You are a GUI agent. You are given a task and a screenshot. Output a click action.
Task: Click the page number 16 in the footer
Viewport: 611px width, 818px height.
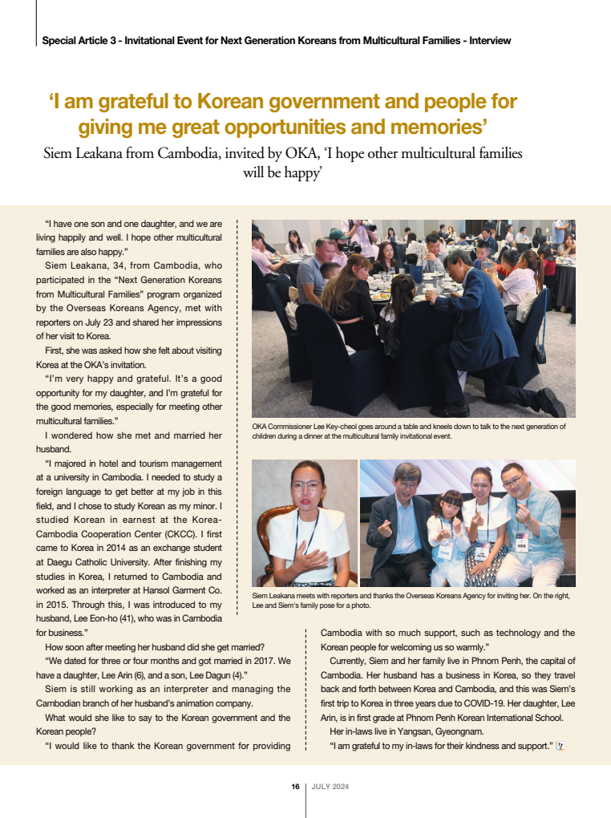tap(295, 787)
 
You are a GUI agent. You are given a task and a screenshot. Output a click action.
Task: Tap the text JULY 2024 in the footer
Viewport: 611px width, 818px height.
tap(330, 787)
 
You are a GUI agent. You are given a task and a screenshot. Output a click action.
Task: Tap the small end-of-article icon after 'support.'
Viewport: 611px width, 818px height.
tap(560, 747)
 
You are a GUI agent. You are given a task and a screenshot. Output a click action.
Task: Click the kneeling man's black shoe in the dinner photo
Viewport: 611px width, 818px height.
tap(552, 403)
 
